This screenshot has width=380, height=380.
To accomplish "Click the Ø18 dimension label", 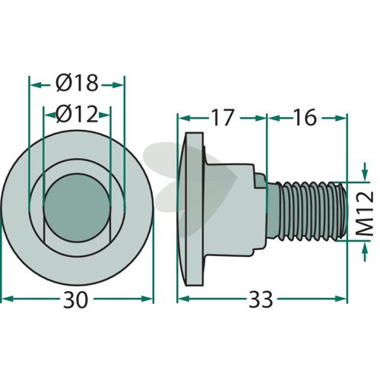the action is click(x=77, y=84).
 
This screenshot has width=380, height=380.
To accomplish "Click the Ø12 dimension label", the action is click(x=77, y=114).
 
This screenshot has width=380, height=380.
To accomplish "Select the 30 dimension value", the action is click(x=75, y=299).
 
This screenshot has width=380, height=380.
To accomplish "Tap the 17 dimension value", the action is click(x=223, y=118).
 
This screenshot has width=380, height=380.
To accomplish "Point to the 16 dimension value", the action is click(x=306, y=117).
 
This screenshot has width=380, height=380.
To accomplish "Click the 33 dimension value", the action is click(x=261, y=299).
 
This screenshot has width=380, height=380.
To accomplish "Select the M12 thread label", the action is click(x=365, y=214).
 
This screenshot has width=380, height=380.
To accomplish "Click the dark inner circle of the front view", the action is click(x=77, y=207).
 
